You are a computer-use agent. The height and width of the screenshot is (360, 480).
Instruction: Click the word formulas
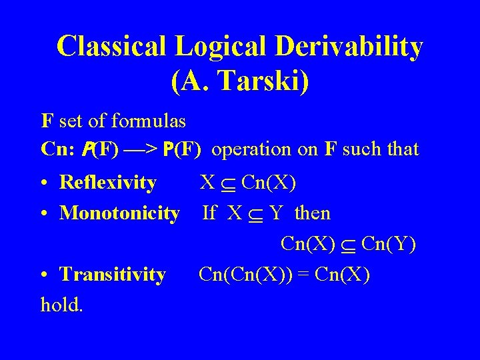click(x=148, y=122)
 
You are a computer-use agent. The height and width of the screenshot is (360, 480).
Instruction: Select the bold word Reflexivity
click(x=108, y=182)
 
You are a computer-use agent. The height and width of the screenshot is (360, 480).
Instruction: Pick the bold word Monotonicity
click(x=119, y=213)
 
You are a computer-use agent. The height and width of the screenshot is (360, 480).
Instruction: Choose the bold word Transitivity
click(x=113, y=274)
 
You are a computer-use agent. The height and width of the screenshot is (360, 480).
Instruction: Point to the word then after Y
click(x=312, y=213)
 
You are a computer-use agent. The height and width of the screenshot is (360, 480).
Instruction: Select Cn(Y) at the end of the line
click(x=389, y=244)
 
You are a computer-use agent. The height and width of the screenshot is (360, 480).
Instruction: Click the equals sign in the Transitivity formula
click(x=309, y=275)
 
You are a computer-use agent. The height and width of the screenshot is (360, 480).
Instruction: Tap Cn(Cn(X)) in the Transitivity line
click(x=249, y=274)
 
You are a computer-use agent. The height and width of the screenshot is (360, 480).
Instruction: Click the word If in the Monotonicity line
click(x=209, y=213)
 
